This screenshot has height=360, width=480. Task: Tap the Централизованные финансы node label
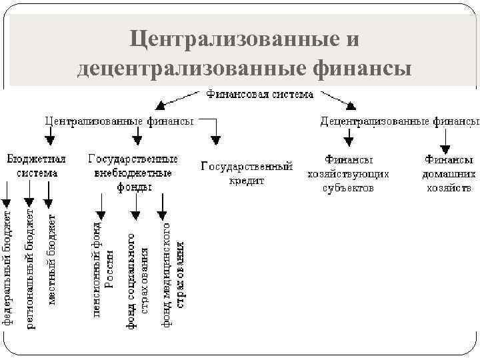[119, 121]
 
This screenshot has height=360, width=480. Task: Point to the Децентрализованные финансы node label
[399, 121]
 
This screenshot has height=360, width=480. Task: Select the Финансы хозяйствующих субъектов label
[348, 174]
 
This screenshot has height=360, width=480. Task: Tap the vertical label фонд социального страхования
[137, 280]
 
